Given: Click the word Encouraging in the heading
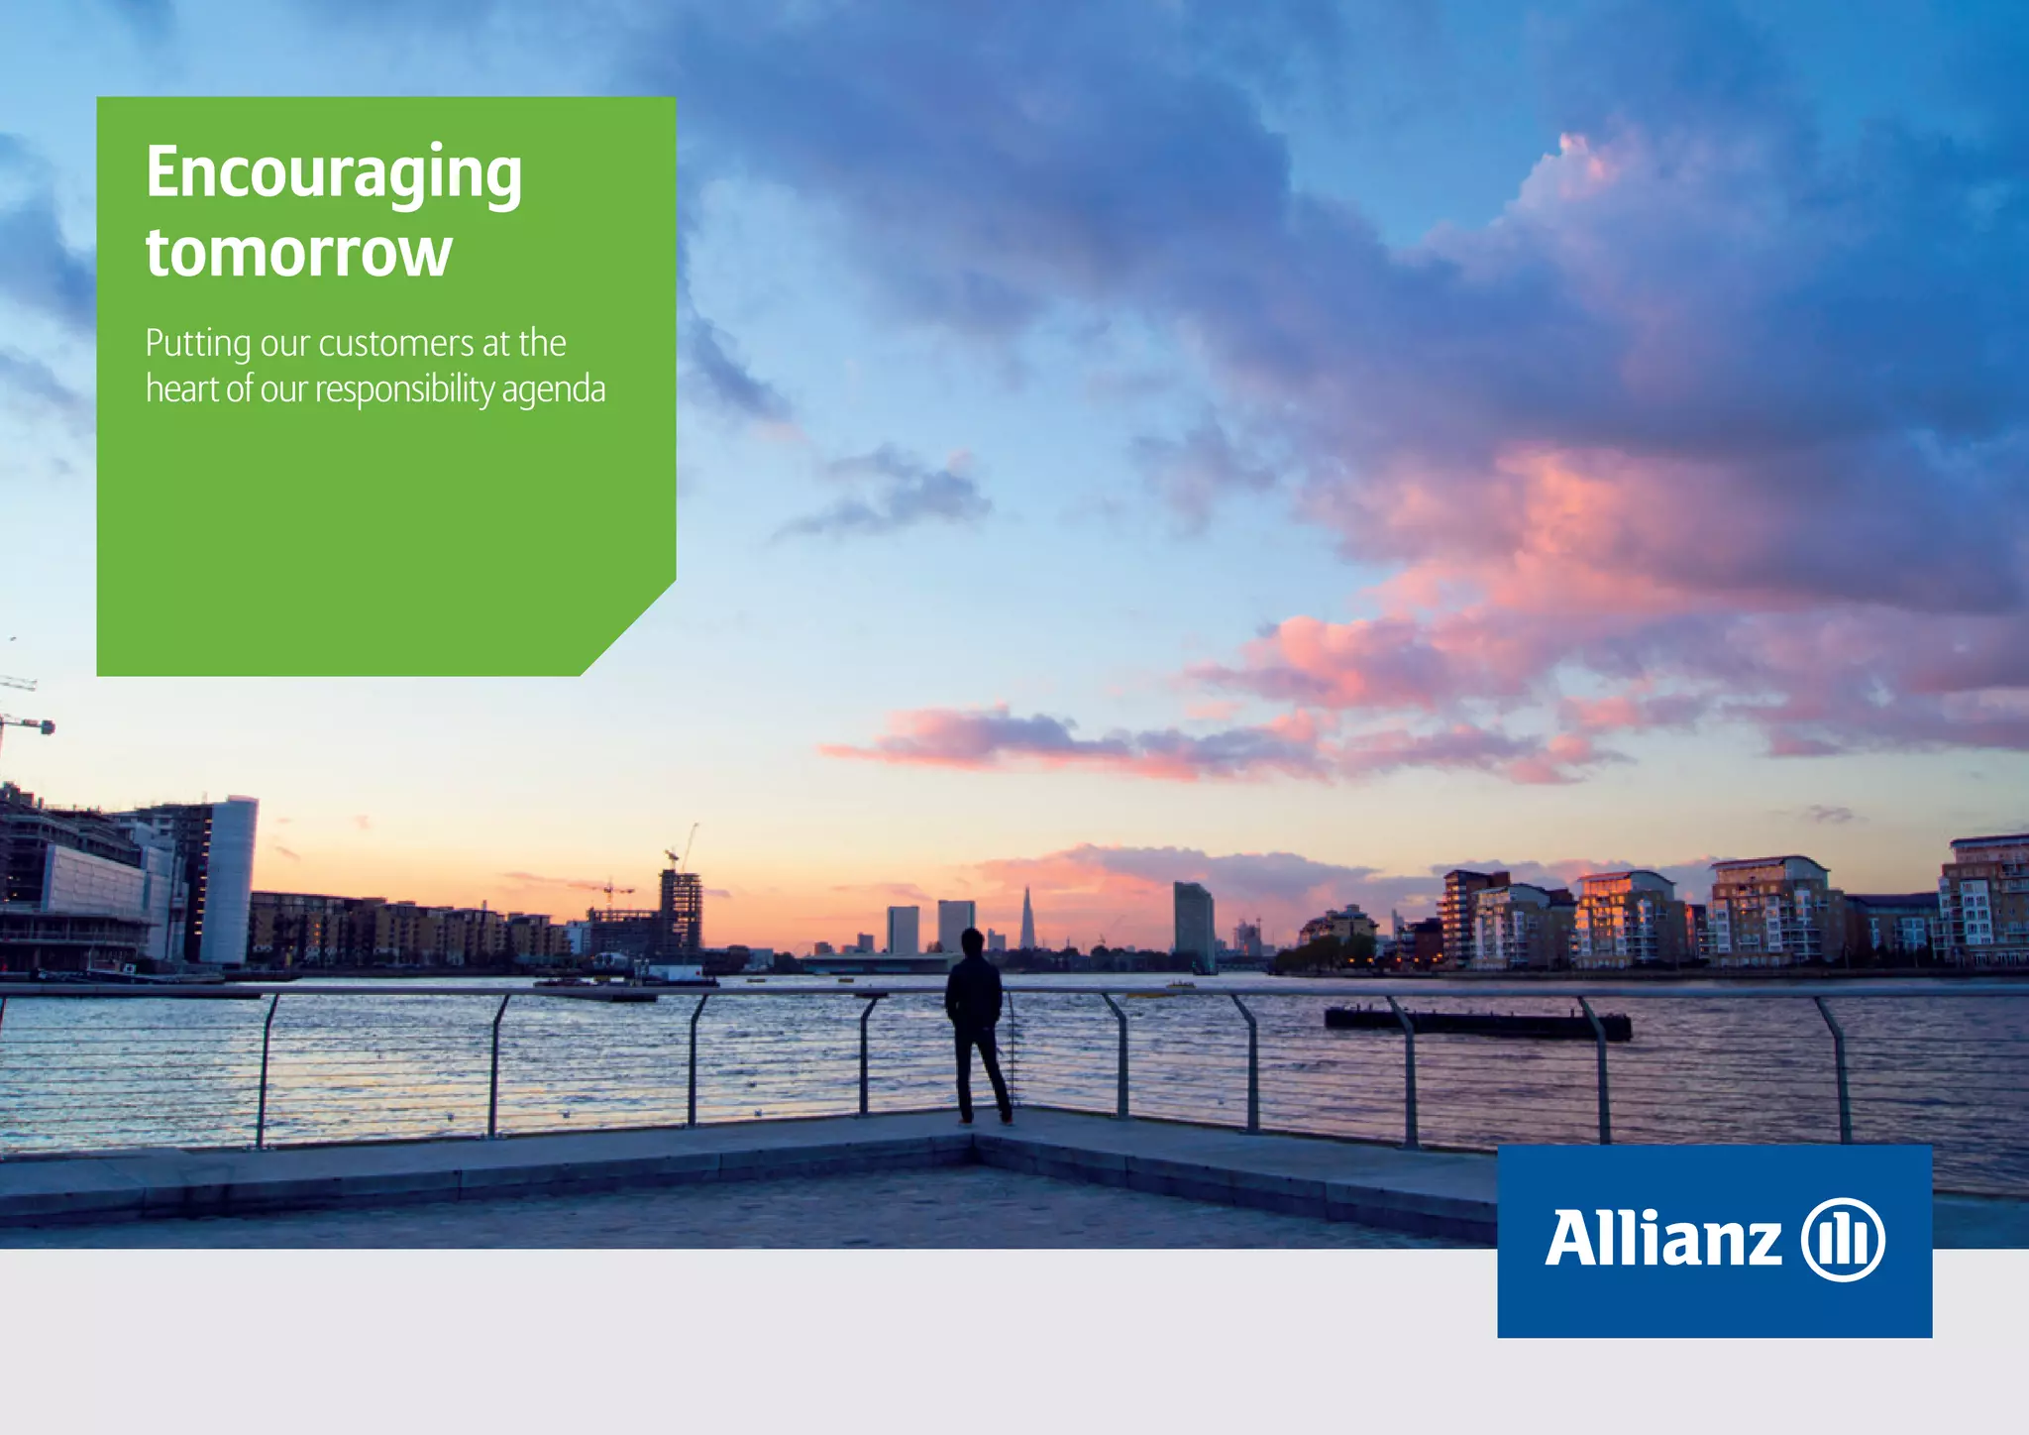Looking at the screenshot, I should coord(333,173).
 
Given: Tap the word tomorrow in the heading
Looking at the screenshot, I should coord(298,253).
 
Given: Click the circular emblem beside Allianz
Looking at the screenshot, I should coord(1842,1240).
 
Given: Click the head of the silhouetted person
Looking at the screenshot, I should coord(972,939).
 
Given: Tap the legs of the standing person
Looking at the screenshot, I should coord(982,1075).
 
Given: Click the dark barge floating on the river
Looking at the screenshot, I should coord(1476,1024).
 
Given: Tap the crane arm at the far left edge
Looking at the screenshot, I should coord(25,723).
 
